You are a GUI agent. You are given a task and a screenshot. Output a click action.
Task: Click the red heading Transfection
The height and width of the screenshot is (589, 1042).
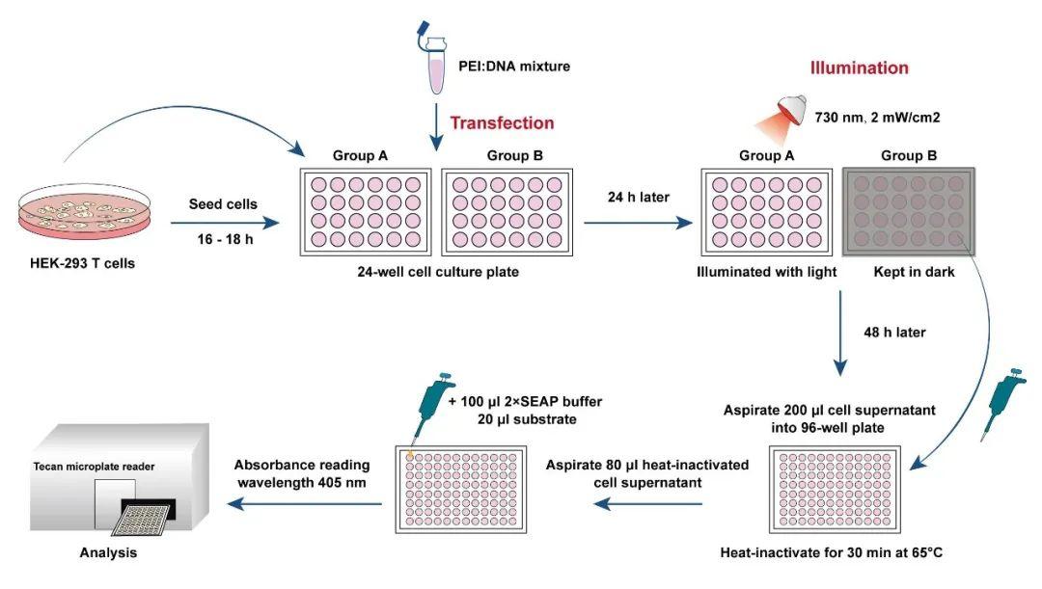[x=502, y=123]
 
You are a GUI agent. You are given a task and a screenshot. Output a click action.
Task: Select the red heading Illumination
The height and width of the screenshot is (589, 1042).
[x=859, y=68]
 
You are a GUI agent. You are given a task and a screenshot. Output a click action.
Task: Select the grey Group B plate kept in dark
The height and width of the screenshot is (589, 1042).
[x=908, y=211]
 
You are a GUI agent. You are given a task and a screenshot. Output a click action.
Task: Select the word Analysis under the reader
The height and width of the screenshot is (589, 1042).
[x=108, y=553]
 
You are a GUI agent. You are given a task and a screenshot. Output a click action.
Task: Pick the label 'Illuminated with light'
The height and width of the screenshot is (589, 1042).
[x=766, y=272]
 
